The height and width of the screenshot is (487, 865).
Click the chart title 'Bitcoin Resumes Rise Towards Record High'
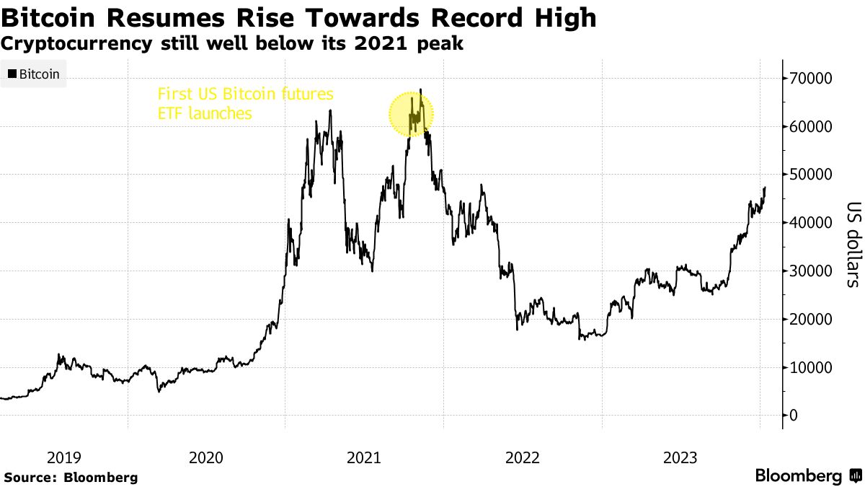tap(299, 18)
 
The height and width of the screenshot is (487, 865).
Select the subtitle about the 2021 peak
tap(233, 44)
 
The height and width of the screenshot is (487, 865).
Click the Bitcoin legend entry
tap(34, 74)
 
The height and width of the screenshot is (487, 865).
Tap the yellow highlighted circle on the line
tap(411, 114)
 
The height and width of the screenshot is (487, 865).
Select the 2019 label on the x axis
tap(63, 457)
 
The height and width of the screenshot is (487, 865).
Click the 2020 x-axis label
tap(205, 457)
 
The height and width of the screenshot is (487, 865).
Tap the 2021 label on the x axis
tap(364, 457)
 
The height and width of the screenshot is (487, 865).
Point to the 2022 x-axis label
tap(523, 457)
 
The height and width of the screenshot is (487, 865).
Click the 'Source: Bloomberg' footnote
tap(71, 478)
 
